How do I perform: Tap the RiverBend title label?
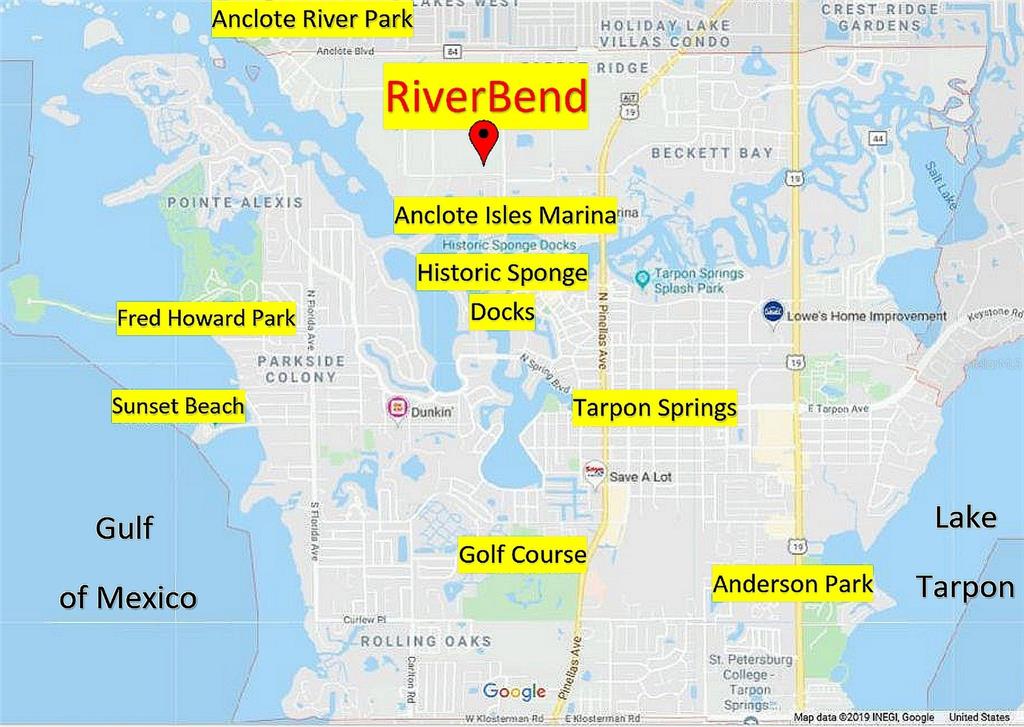coord(485,97)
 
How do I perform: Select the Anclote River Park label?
coord(312,19)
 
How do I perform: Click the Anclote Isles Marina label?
coord(505,215)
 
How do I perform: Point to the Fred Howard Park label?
coord(206,319)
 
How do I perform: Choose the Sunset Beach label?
coord(177,406)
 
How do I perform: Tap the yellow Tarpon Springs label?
coord(654,408)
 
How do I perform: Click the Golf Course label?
coord(522,554)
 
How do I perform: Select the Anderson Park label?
coord(793,584)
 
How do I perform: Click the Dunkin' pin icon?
coord(397,409)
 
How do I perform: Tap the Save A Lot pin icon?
coord(595,470)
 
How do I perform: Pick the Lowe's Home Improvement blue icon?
coord(771,313)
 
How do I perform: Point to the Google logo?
coord(514,691)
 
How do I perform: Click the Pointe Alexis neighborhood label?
coord(235,202)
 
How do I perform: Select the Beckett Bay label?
coord(712,153)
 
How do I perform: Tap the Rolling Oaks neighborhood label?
coord(426,640)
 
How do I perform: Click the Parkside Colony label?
coord(301,369)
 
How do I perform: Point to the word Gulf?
coord(124,528)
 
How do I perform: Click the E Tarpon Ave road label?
coord(838,409)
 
